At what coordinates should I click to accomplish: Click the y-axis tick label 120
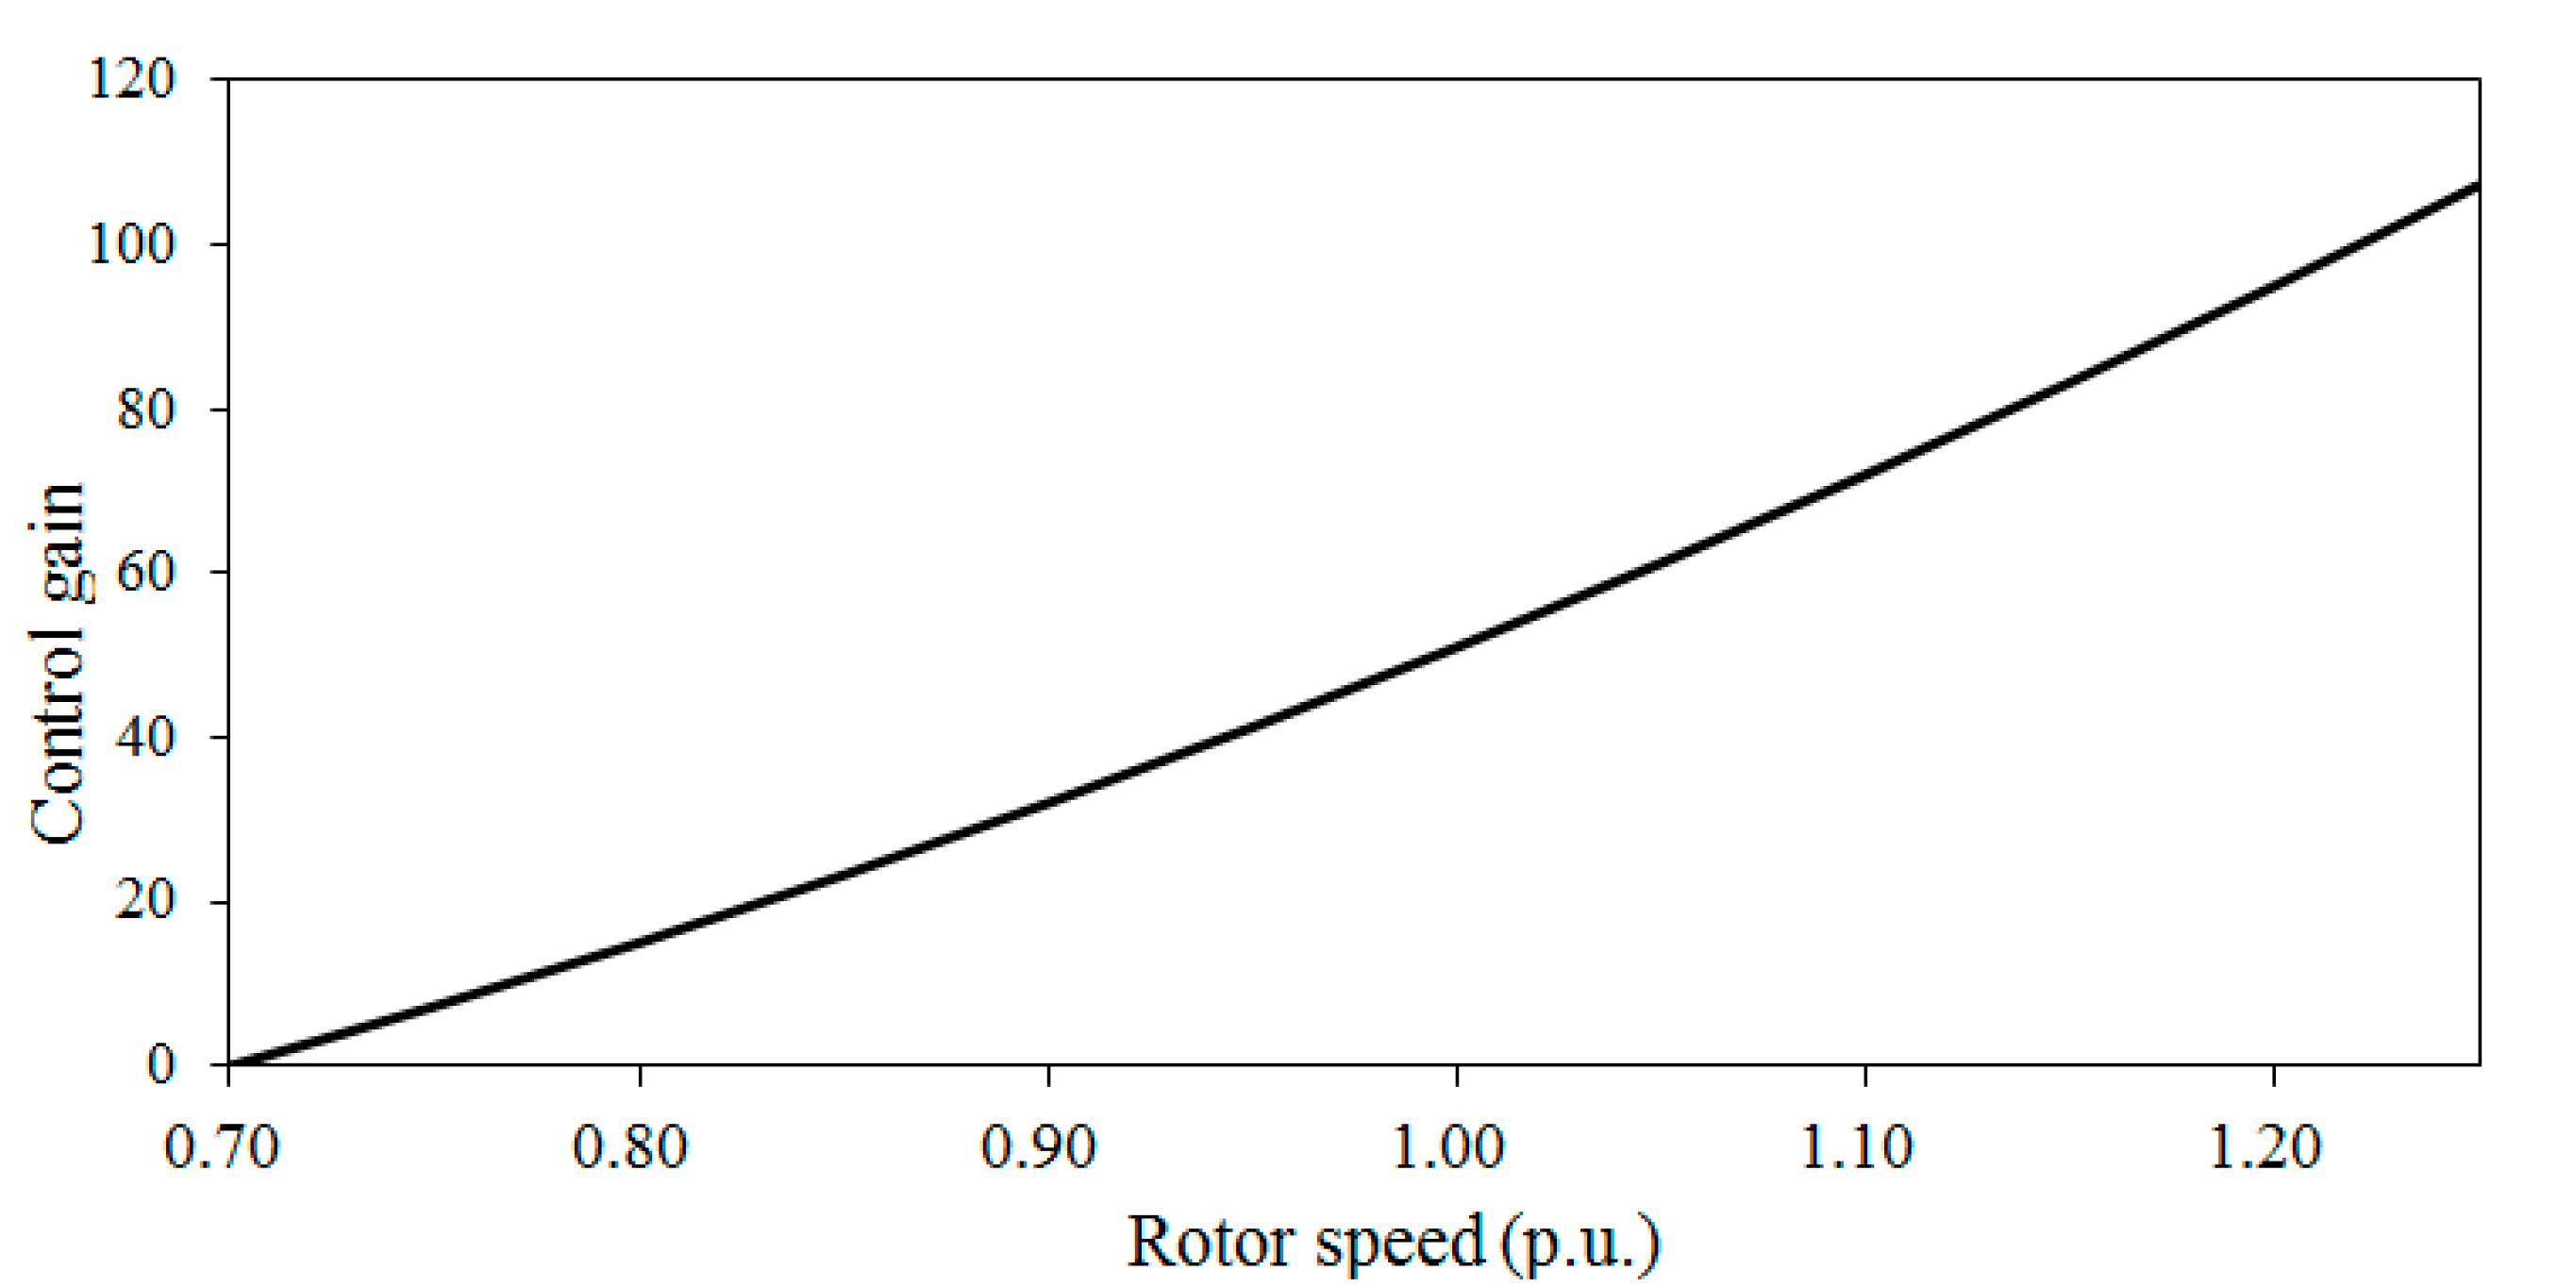132,78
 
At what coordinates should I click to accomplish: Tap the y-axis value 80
146,409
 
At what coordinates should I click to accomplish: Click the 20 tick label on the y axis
146,900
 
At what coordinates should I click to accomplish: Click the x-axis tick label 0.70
221,1147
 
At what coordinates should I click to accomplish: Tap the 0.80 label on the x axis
629,1147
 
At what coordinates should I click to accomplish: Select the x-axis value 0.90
1038,1147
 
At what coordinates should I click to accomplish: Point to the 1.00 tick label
1447,1147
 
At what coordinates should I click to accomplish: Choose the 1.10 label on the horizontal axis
1857,1147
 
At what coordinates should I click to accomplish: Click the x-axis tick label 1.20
2265,1147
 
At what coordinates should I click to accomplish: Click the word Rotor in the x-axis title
1212,1242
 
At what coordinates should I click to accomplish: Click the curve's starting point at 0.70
231,1063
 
